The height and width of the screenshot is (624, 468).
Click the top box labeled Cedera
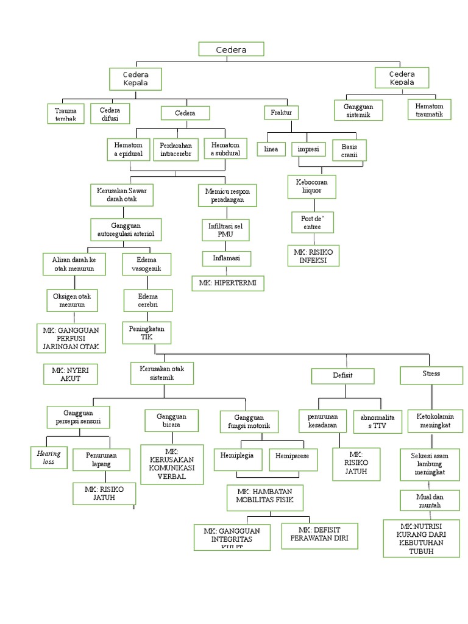(231, 49)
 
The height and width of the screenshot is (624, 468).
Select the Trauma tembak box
(65, 114)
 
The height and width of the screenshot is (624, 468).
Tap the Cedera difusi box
(111, 114)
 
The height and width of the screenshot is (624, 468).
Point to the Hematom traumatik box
(429, 110)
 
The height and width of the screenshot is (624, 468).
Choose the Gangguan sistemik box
(353, 110)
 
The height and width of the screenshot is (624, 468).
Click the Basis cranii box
(349, 150)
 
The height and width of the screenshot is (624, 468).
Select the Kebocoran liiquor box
(312, 186)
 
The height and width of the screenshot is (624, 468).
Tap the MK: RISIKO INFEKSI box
(313, 255)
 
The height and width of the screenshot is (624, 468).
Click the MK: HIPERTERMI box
(228, 283)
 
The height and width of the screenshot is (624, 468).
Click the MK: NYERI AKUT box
(70, 374)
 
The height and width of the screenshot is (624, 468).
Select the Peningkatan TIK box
(147, 333)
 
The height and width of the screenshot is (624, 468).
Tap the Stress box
(430, 374)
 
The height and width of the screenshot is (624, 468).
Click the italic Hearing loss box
(49, 458)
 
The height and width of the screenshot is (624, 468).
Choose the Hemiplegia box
(238, 459)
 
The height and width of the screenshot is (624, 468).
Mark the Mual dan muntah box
(430, 501)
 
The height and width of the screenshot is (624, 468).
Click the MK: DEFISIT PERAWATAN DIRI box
(319, 534)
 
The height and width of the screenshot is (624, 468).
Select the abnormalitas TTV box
(377, 421)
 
